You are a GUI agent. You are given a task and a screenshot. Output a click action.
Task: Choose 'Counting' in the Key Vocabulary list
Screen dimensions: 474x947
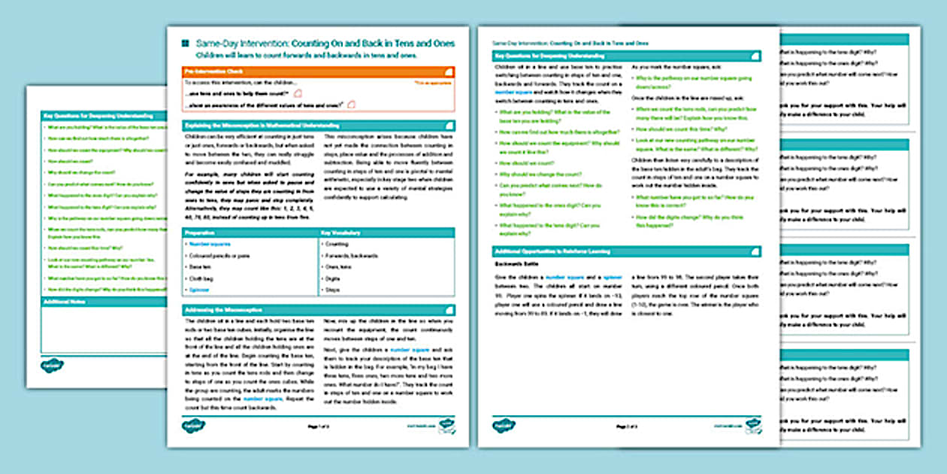(337, 245)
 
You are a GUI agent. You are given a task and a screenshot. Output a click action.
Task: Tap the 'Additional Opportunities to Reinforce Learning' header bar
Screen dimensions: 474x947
(627, 251)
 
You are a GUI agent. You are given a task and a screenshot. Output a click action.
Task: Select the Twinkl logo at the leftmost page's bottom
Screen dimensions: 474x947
(53, 365)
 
